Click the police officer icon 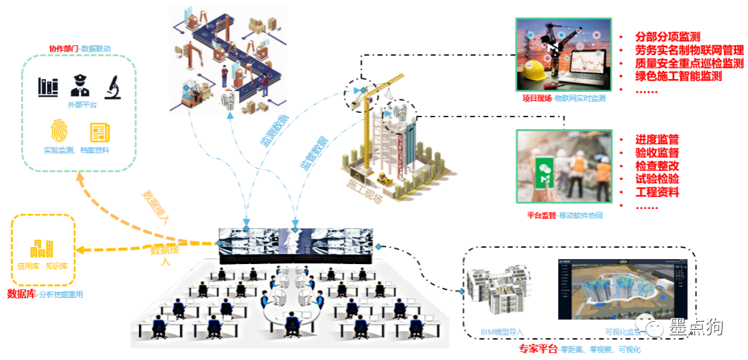coord(79,86)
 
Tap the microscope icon coord(112,87)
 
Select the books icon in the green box coord(48,88)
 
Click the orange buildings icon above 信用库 coord(42,248)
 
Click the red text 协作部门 coord(64,49)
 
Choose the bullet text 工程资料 coord(657,192)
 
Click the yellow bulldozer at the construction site coord(386,179)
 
